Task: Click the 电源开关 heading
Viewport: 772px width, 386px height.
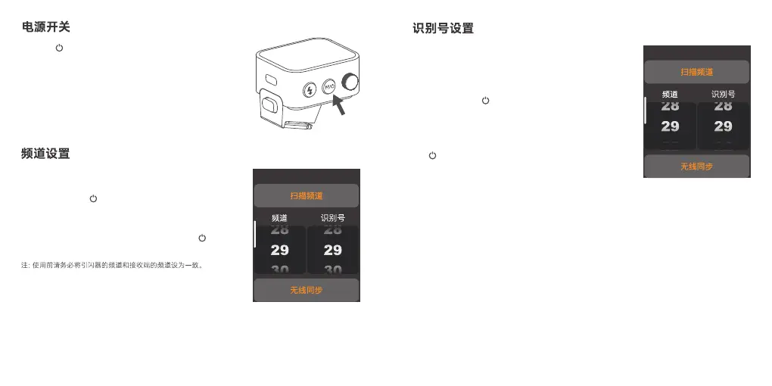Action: (x=45, y=27)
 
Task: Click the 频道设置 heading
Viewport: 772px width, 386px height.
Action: (x=45, y=154)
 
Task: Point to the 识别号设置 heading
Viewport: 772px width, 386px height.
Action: (x=443, y=29)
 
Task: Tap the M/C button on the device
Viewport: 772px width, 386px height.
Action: (x=329, y=87)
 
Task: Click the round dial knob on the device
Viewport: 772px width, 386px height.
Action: (x=350, y=81)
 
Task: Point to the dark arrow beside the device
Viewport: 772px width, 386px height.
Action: (x=338, y=103)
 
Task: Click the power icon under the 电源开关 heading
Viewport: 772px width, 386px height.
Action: (x=59, y=48)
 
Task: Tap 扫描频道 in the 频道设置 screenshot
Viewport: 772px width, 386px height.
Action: (x=307, y=196)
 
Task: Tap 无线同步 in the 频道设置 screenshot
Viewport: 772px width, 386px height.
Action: (x=307, y=290)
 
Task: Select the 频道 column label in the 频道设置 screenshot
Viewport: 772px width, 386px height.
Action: (x=279, y=218)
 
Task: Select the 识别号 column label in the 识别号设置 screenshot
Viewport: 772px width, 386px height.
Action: (x=723, y=95)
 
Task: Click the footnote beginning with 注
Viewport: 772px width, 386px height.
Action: (x=112, y=266)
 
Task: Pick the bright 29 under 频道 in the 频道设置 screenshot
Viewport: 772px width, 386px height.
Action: (x=279, y=250)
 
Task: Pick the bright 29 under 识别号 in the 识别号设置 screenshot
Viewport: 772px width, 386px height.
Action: (x=723, y=126)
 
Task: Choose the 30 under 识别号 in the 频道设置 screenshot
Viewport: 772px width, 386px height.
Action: (x=333, y=269)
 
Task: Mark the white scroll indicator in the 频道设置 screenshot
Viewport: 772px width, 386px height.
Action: (x=254, y=234)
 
